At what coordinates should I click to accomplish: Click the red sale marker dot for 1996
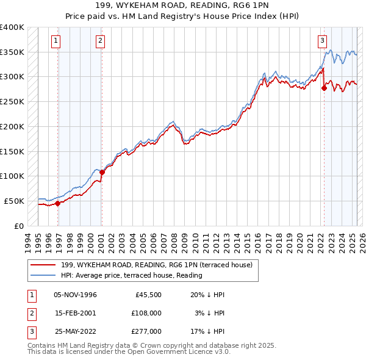57,203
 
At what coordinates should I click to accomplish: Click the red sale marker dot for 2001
102,172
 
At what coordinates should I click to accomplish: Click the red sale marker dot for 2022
324,88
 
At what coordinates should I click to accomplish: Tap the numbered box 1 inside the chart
56,41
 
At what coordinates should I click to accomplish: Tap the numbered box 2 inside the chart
100,41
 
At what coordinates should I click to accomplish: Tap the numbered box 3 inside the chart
321,41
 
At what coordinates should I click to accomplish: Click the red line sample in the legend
43,264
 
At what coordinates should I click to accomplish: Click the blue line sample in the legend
43,275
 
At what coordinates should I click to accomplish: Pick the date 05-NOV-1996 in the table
75,295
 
